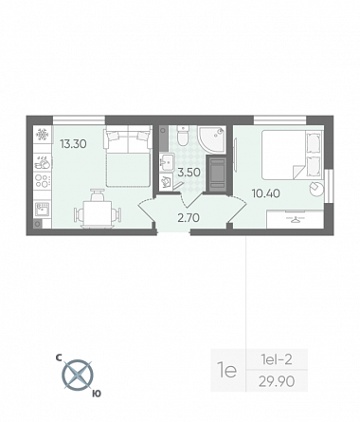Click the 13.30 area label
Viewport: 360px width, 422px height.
point(73,144)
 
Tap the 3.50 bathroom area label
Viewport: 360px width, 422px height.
point(189,173)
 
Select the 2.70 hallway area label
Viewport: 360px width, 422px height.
point(189,218)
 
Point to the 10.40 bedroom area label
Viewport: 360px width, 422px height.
point(266,193)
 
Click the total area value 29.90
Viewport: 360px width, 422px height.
point(277,381)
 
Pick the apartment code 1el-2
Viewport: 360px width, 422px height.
point(277,359)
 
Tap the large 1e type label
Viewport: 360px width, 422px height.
point(226,370)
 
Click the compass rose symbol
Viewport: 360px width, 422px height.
point(78,376)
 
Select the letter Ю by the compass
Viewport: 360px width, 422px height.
point(97,394)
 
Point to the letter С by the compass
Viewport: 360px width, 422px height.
point(59,358)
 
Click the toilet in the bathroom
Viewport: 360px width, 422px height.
point(183,136)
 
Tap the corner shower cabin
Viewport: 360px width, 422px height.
point(211,139)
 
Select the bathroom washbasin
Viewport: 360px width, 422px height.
point(167,161)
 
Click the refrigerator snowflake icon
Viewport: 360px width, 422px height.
point(43,135)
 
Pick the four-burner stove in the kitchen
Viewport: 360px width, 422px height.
point(43,181)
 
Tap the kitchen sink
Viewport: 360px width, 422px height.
point(43,210)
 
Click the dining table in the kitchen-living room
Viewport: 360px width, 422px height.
point(98,214)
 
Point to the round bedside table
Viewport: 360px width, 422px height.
point(316,189)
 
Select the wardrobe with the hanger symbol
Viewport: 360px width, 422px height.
point(295,219)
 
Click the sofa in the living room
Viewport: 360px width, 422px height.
point(128,156)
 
